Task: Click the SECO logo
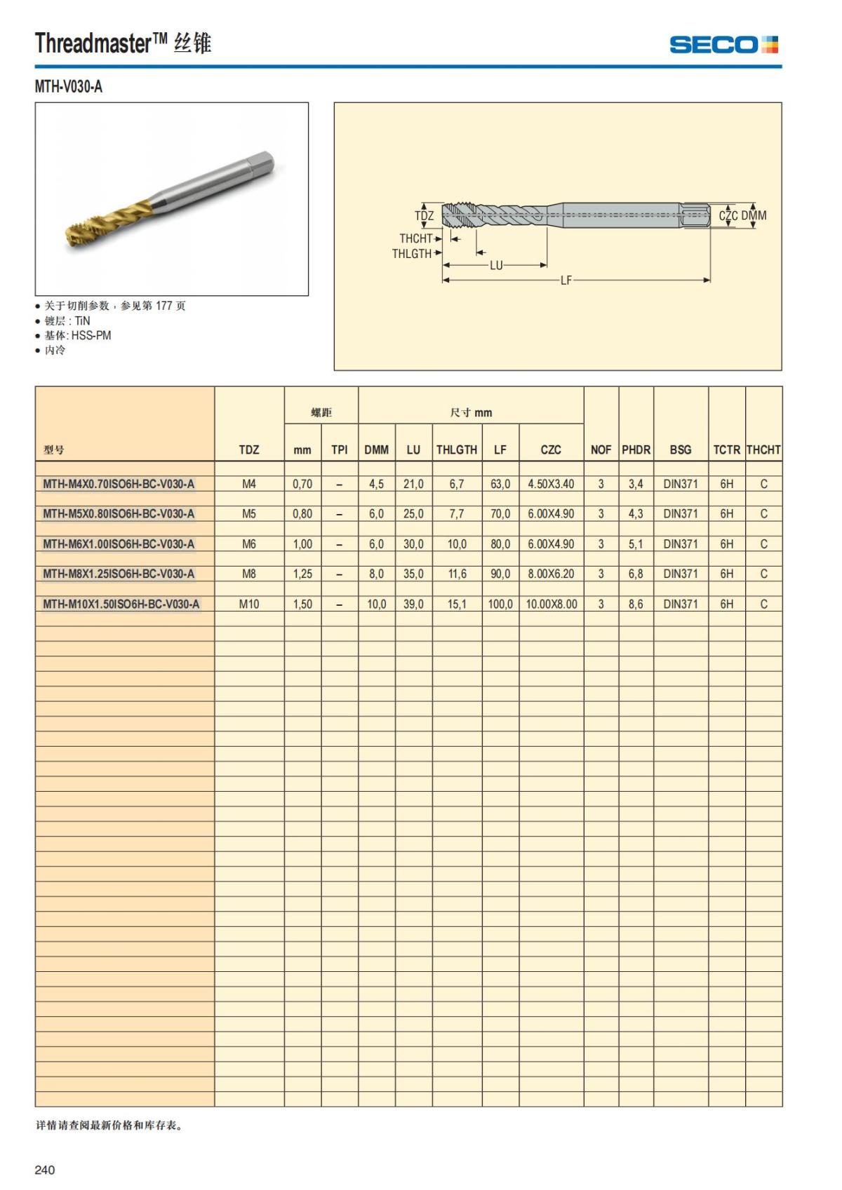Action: click(x=723, y=45)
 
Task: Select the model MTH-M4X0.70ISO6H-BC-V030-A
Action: click(x=119, y=484)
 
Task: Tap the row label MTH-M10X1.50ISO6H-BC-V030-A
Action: click(x=121, y=604)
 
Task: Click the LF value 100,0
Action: click(x=500, y=604)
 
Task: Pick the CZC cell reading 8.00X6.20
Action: click(x=551, y=574)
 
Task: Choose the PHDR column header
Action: click(x=636, y=449)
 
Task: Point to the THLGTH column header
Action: click(x=457, y=449)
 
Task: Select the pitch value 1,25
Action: click(x=302, y=574)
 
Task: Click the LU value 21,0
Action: click(x=413, y=484)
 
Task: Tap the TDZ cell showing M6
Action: click(x=249, y=543)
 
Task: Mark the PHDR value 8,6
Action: click(x=636, y=604)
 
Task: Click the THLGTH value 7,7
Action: click(x=457, y=513)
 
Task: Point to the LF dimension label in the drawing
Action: click(x=566, y=280)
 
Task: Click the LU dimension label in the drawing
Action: click(x=496, y=266)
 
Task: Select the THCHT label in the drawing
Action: click(x=416, y=238)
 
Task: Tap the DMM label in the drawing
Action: click(x=754, y=215)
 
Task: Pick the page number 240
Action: click(x=44, y=1170)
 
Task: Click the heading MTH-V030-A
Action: click(x=69, y=87)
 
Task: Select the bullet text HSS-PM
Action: click(x=91, y=335)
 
